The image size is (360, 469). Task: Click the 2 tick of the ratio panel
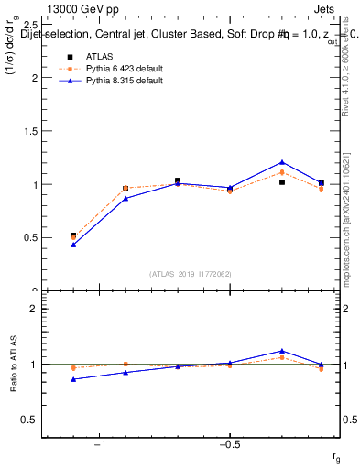coord(35,309)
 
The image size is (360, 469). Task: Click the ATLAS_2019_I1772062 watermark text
coord(191,273)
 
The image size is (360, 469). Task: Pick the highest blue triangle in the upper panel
coord(282,162)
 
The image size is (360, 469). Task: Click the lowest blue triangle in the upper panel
coord(73,245)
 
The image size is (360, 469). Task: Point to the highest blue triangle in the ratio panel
coord(282,351)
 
